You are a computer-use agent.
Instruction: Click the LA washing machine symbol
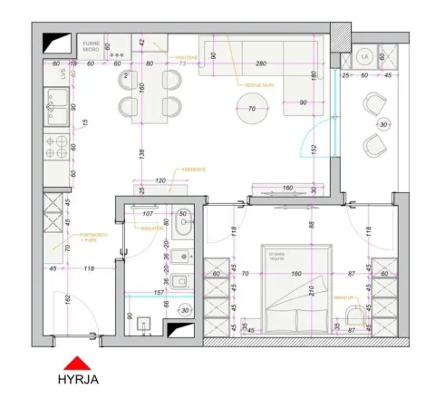365,56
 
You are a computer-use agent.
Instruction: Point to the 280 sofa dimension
260,64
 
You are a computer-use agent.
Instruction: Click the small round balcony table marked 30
382,124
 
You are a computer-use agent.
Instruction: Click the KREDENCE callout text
194,170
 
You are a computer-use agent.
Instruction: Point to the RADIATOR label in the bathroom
151,228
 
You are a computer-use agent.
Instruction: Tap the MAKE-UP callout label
344,296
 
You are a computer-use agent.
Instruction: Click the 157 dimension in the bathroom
158,292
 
